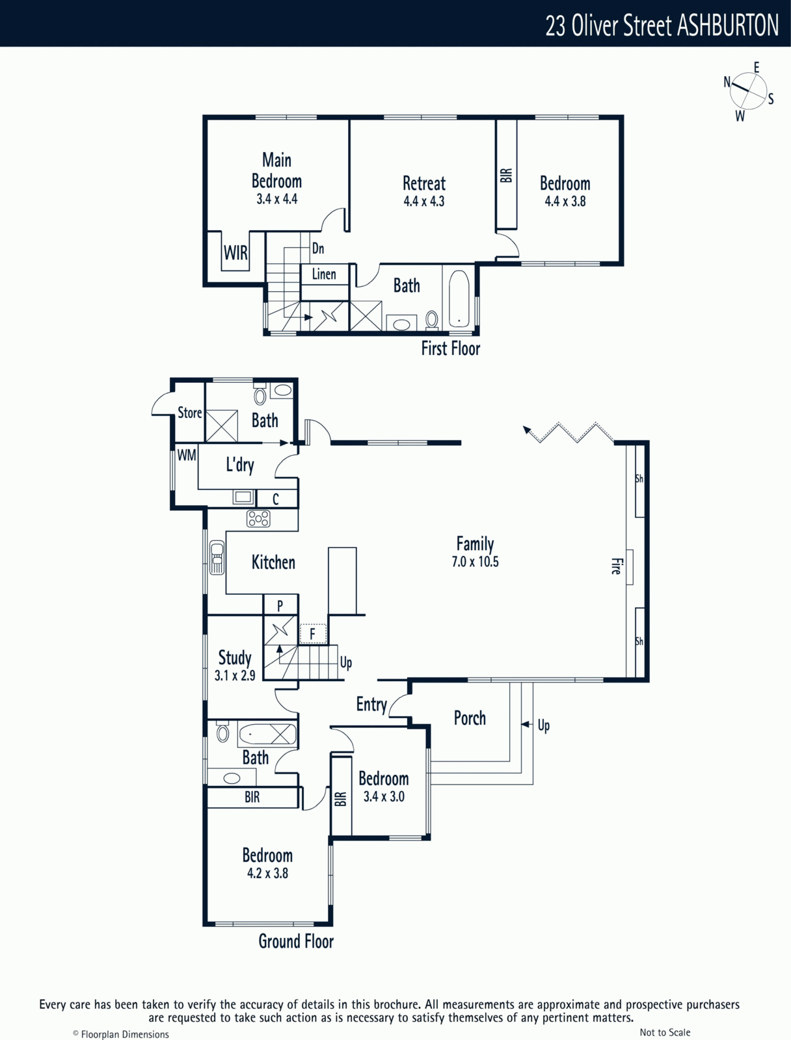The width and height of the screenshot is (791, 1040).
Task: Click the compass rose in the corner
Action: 748,91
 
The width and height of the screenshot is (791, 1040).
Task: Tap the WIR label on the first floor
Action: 235,253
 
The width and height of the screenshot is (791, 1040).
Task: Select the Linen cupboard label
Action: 324,274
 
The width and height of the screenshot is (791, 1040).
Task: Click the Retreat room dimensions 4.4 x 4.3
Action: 423,201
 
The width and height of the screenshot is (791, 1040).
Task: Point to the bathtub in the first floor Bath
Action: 459,298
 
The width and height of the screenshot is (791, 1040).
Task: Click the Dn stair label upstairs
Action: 318,248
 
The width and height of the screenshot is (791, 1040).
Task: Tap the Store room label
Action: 189,413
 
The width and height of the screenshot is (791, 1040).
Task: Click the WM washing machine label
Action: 187,456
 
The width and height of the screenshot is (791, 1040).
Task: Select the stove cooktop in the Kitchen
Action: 258,519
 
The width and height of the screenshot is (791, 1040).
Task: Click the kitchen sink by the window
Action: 217,558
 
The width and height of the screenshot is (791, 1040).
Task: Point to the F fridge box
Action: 313,634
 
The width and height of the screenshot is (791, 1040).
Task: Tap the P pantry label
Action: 280,606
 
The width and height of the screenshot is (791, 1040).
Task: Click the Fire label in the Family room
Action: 615,566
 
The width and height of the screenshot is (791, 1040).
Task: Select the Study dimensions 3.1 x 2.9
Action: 235,675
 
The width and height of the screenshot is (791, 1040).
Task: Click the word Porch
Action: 470,718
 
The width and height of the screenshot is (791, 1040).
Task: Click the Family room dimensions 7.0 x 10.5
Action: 475,562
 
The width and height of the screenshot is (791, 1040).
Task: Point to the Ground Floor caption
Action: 296,941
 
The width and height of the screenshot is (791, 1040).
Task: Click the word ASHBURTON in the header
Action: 727,25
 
